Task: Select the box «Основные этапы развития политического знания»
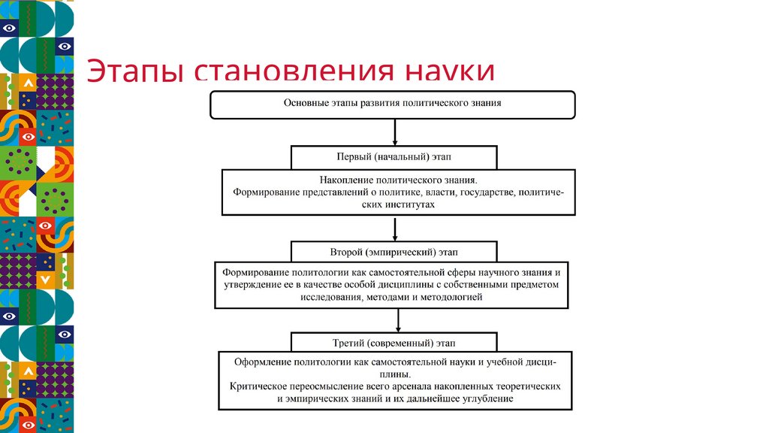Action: tap(392, 104)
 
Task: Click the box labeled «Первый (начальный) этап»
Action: tap(394, 158)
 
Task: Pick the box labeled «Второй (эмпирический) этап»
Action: tap(394, 251)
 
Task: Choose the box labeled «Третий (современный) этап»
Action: tap(394, 343)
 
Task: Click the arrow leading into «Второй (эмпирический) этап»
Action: tap(394, 230)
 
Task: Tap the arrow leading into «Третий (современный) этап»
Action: tap(397, 322)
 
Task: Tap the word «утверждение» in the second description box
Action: tap(253, 286)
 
